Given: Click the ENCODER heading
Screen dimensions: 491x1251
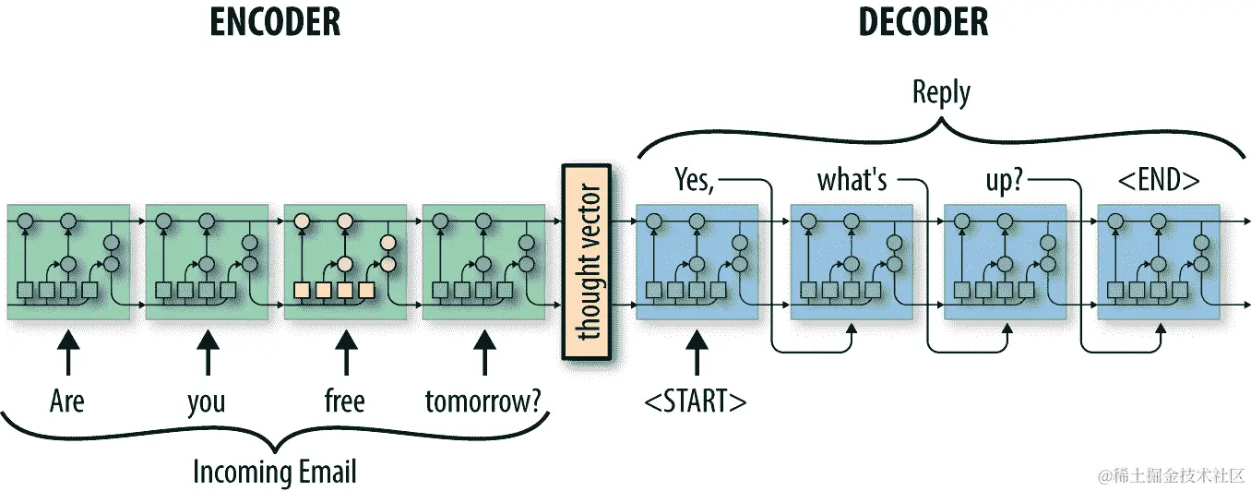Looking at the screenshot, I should [275, 21].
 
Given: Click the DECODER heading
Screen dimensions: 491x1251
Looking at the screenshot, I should [925, 21].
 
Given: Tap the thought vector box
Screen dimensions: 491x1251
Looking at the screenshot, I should [588, 263].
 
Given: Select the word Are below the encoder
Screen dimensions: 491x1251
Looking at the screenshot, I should [67, 401].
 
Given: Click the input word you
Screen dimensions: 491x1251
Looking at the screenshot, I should [207, 402].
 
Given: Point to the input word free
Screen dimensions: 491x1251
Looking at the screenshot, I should [345, 401].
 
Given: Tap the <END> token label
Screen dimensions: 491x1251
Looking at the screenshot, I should [1159, 180].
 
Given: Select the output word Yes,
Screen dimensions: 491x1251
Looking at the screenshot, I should [695, 179].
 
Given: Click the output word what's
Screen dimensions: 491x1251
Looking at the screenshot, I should [852, 180].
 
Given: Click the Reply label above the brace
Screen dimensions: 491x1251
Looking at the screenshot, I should [941, 92].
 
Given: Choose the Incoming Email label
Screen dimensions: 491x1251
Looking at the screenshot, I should [274, 472].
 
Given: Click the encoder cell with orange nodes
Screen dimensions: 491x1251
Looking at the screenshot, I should [345, 262].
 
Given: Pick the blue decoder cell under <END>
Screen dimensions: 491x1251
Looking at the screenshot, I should [1159, 262].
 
